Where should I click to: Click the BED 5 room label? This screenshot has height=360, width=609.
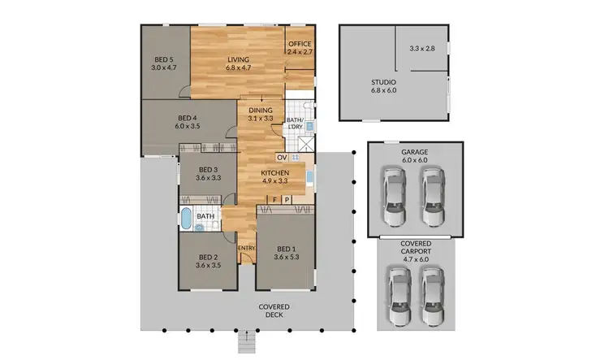pos(163,59)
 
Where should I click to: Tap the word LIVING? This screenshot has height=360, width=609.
pos(238,59)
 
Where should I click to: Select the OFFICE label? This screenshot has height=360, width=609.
pos(300,44)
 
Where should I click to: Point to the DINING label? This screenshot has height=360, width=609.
pos(261,110)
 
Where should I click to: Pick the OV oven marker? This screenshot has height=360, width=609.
pos(282,157)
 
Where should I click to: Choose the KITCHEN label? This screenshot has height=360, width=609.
pos(274,173)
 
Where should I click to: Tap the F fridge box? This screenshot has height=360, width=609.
pos(275,199)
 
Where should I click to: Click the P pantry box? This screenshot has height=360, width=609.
pos(287,199)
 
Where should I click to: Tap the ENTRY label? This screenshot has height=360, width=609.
pos(245,246)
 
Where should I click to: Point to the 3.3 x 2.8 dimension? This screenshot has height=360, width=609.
pos(421,49)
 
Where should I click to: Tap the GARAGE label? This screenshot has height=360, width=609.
pos(414,152)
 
